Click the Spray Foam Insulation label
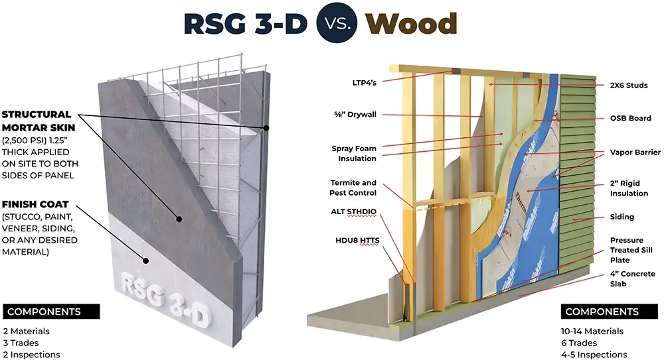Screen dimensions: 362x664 pos(354,153)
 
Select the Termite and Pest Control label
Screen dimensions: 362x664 pos(353,188)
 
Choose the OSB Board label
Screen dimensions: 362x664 pos(630,118)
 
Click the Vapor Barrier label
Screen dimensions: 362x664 pos(635,152)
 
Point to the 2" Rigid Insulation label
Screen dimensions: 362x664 pos(629,188)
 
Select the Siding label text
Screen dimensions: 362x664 pos(622,217)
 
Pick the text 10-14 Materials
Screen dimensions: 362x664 pos(592,331)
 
